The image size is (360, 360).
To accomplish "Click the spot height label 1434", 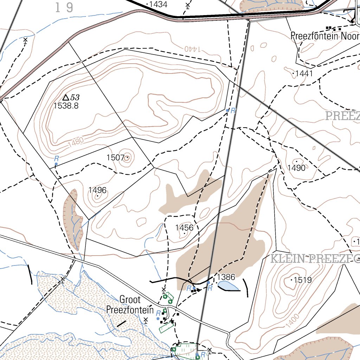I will pyautogui.click(x=158, y=4).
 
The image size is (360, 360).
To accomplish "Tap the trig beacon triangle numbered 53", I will pyautogui.click(x=66, y=97).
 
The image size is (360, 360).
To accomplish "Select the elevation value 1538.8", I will pyautogui.click(x=66, y=105).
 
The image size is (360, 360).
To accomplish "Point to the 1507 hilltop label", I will pyautogui.click(x=116, y=157).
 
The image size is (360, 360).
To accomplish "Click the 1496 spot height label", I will pyautogui.click(x=97, y=190).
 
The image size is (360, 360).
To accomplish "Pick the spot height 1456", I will pyautogui.click(x=184, y=228).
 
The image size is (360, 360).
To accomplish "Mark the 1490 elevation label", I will pyautogui.click(x=296, y=168).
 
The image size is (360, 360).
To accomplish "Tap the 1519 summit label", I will pyautogui.click(x=303, y=280).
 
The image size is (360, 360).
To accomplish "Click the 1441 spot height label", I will pyautogui.click(x=304, y=73).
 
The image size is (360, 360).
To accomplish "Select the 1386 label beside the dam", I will pyautogui.click(x=226, y=277).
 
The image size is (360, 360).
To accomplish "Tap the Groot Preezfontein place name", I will pyautogui.click(x=130, y=305).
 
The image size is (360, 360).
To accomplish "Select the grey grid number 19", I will pyautogui.click(x=64, y=7).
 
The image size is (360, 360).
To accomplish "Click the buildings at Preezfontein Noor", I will pyautogui.click(x=333, y=28).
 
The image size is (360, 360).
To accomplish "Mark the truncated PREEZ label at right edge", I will pyautogui.click(x=342, y=116).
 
